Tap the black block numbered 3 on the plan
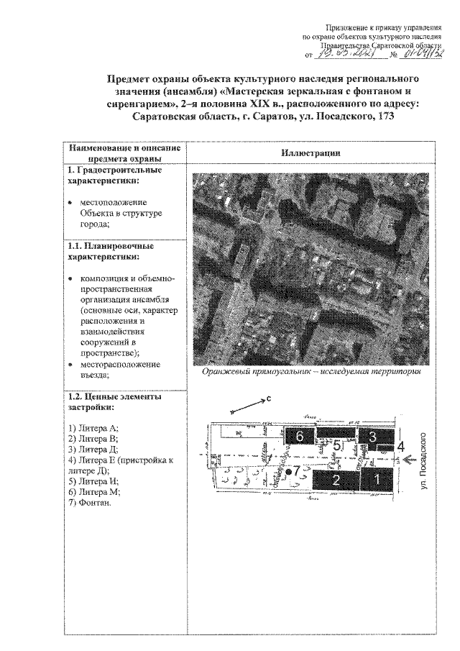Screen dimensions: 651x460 [x=373, y=436]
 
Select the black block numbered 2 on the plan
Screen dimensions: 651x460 [x=335, y=481]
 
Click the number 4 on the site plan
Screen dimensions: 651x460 [x=401, y=447]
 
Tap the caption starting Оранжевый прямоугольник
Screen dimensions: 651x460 [x=310, y=372]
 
